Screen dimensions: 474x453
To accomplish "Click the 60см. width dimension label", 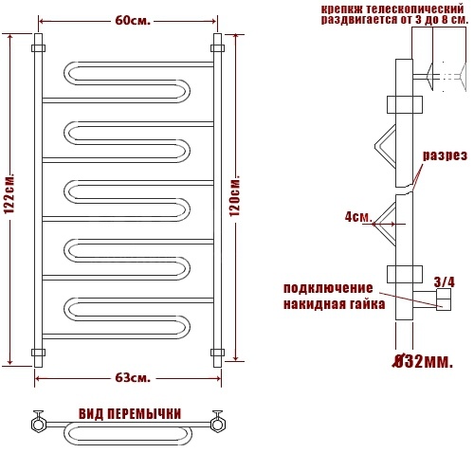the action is pos(133,21).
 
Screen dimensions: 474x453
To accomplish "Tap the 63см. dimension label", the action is pos(133,378).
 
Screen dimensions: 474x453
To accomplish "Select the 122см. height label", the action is pos(9,193).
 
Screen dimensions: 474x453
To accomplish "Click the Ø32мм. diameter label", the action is pos(422,362).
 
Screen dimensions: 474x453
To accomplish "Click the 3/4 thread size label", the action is pos(445,282).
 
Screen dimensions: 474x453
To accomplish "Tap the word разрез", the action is pos(445,155).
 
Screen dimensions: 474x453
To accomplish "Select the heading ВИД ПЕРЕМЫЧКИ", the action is pos(130,414).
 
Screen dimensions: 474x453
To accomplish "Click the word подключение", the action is pos(328,288).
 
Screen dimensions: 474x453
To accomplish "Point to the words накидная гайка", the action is pos(334,304).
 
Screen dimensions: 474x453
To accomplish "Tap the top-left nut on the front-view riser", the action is pos(38,48).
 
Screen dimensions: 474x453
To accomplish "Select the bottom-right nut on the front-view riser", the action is pos(217,353).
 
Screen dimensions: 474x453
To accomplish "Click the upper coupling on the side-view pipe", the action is pos(405,104).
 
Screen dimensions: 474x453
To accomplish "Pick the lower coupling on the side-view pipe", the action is pos(405,274).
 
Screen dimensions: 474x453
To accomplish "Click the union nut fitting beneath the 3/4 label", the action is pos(444,299).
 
